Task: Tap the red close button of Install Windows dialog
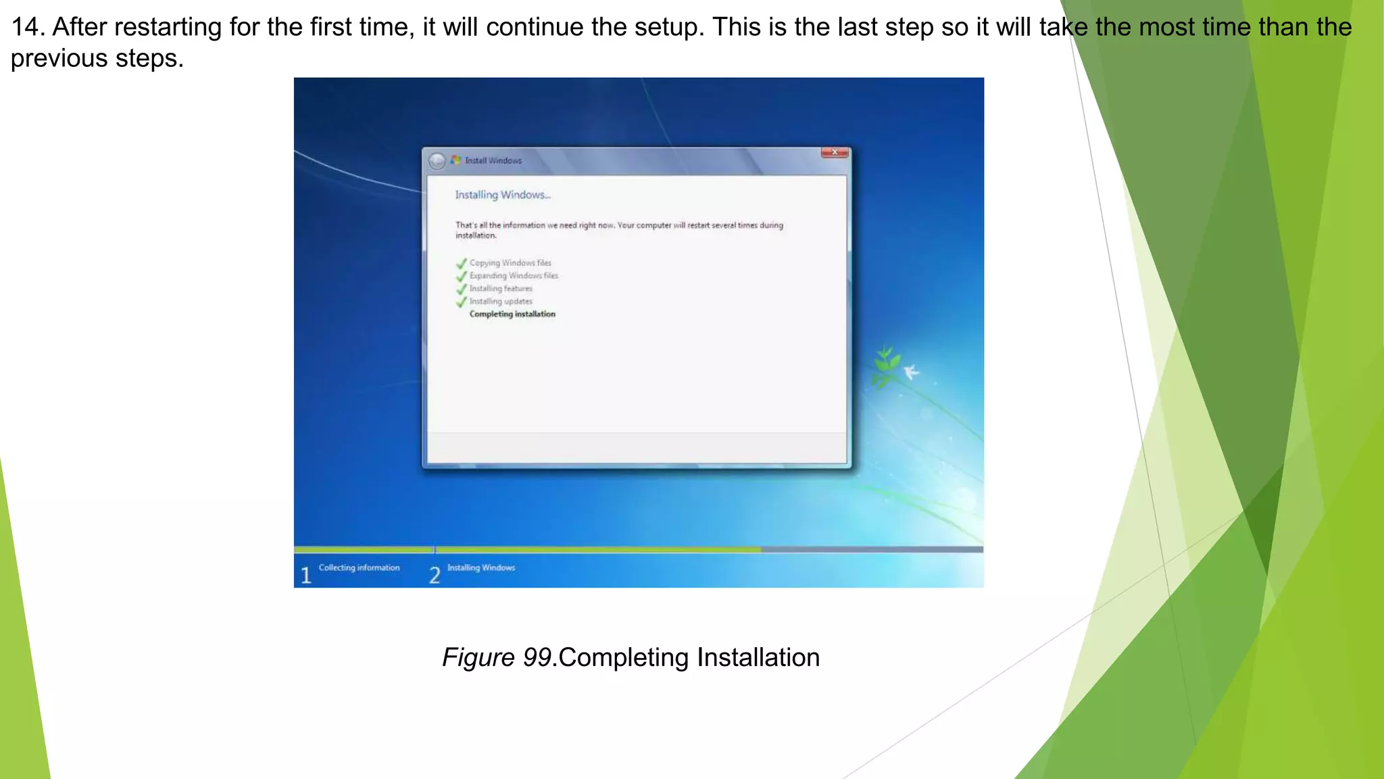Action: click(x=835, y=153)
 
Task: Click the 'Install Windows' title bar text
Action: click(x=493, y=161)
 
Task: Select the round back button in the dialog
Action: click(x=437, y=161)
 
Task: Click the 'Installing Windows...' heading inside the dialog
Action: click(x=503, y=195)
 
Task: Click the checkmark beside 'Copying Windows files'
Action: click(x=462, y=263)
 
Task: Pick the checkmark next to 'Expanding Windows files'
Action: click(x=462, y=276)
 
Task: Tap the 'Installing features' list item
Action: click(x=501, y=289)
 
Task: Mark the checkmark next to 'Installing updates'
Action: click(x=462, y=302)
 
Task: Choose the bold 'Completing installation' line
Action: click(x=512, y=314)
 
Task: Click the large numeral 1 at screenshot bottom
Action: click(x=306, y=575)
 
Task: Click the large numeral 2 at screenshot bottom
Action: click(x=435, y=575)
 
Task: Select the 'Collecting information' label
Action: click(x=359, y=568)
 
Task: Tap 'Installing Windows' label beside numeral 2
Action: click(x=481, y=568)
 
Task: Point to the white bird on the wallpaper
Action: click(x=911, y=371)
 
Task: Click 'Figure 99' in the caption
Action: click(x=497, y=658)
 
